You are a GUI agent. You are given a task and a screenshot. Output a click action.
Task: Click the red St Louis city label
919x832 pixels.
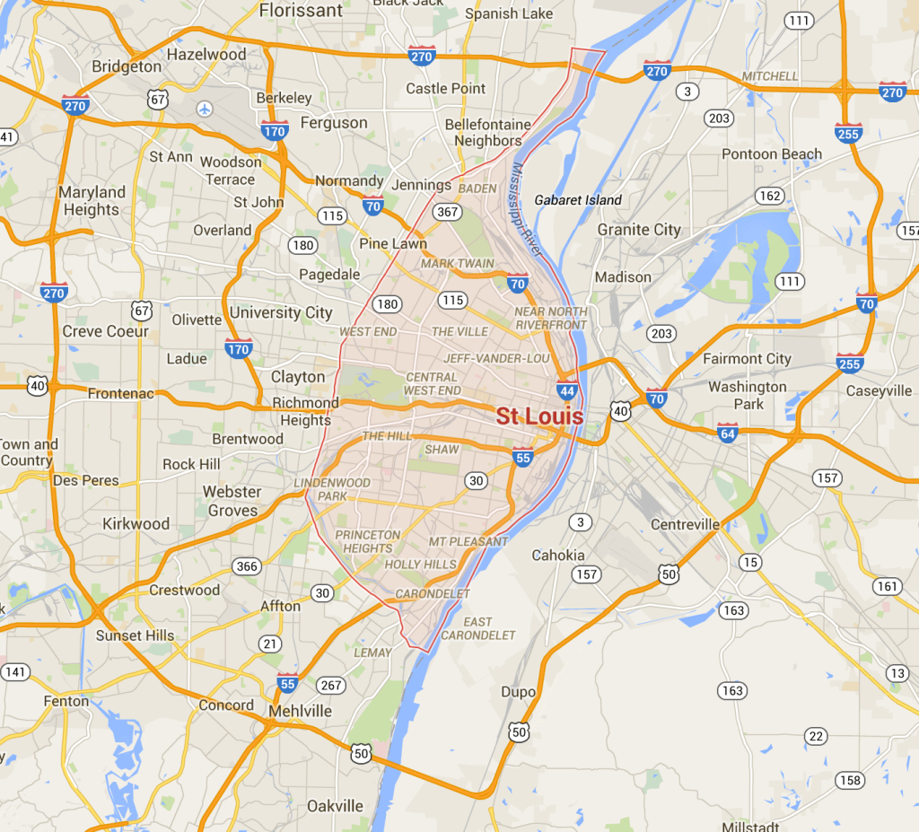pos(539,416)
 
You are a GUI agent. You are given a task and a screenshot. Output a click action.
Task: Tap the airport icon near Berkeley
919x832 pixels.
pos(206,109)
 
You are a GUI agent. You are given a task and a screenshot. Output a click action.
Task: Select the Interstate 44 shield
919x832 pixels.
pos(566,390)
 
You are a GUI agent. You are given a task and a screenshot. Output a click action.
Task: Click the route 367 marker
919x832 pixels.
pos(448,213)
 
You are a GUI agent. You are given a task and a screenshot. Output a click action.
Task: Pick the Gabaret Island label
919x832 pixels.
pos(578,200)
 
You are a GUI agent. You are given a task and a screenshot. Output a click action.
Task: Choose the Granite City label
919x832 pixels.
pos(639,230)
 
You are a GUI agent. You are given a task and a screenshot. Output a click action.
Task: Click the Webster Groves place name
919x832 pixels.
pos(232,501)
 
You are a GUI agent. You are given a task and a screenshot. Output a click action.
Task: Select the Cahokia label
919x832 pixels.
pos(557,555)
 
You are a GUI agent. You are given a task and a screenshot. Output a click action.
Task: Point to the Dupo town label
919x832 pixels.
pos(519,692)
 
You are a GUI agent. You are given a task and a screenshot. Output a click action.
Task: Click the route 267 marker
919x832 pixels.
pos(331,685)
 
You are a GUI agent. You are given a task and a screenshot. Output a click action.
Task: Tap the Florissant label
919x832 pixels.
pos(301,11)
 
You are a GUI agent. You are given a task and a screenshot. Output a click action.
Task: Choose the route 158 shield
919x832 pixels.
pos(850,780)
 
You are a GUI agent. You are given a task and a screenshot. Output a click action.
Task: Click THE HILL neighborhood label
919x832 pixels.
pos(386,436)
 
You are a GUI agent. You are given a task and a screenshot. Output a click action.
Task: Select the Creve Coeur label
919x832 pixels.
pos(106,331)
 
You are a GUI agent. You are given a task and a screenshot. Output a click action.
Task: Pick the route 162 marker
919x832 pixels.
pos(769,196)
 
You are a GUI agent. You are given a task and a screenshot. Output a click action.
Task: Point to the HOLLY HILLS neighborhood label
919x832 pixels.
pos(420,565)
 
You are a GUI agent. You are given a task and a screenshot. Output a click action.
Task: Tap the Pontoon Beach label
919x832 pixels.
pos(772,154)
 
